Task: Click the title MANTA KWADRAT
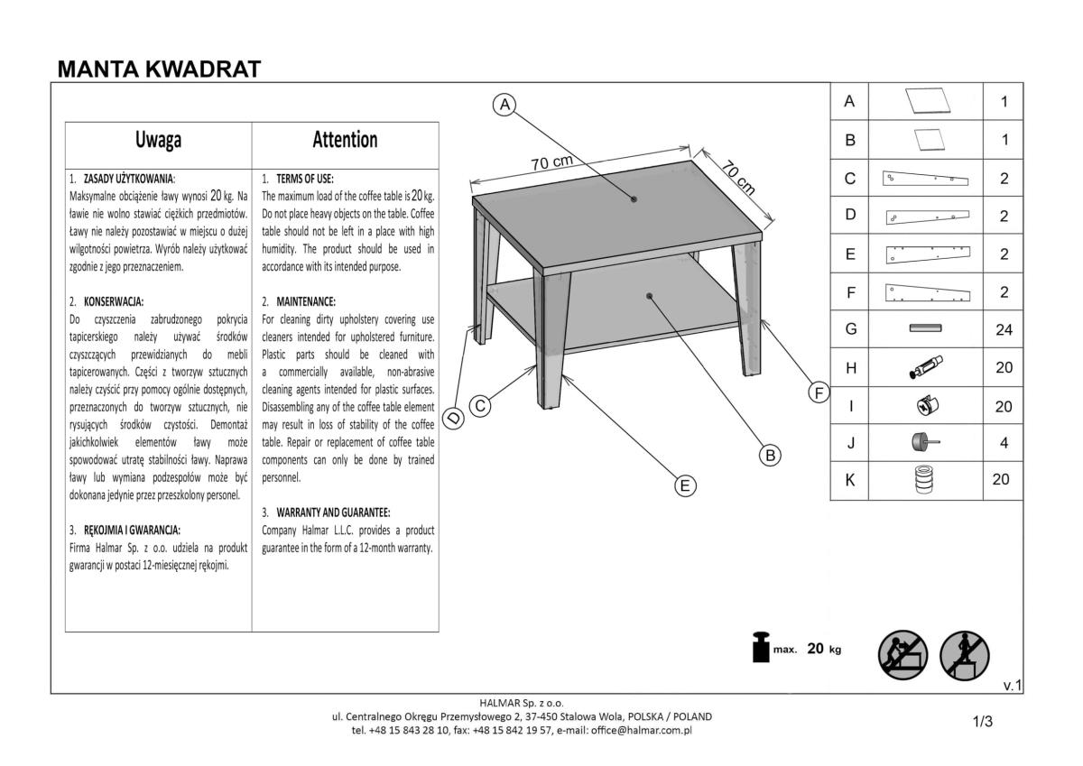click(x=159, y=69)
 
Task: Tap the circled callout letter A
click(x=505, y=104)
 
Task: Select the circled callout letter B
click(x=770, y=455)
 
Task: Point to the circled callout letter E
click(x=685, y=485)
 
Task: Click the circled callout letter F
click(x=818, y=392)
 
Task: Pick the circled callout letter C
click(x=481, y=406)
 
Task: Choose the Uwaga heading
click(x=158, y=139)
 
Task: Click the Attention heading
click(x=345, y=139)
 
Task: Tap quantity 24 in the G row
click(x=1004, y=329)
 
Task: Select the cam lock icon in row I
click(x=925, y=405)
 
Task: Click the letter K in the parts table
click(x=849, y=480)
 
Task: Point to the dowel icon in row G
click(x=925, y=329)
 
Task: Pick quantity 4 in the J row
click(x=1004, y=443)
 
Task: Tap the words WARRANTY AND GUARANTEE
click(x=332, y=512)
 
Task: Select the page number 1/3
click(x=983, y=721)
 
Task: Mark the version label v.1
click(x=1013, y=687)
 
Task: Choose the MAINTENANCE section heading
click(x=305, y=300)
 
